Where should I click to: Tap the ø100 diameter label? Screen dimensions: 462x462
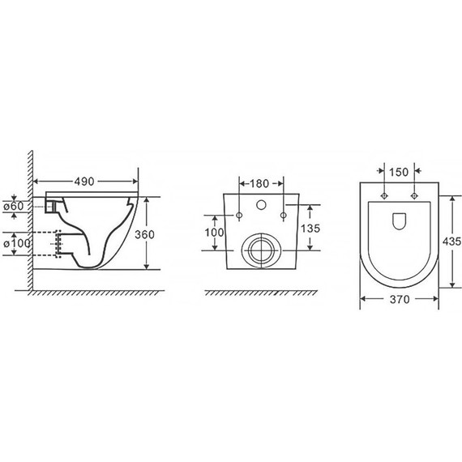[16, 242]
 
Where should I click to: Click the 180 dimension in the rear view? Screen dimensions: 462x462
[261, 183]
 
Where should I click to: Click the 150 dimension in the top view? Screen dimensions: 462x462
[398, 171]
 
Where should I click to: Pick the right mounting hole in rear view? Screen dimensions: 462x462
[282, 216]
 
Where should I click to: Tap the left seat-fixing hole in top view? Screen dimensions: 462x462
[383, 197]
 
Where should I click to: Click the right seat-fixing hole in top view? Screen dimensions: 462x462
[414, 197]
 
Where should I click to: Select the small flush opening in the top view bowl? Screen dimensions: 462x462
[398, 220]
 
